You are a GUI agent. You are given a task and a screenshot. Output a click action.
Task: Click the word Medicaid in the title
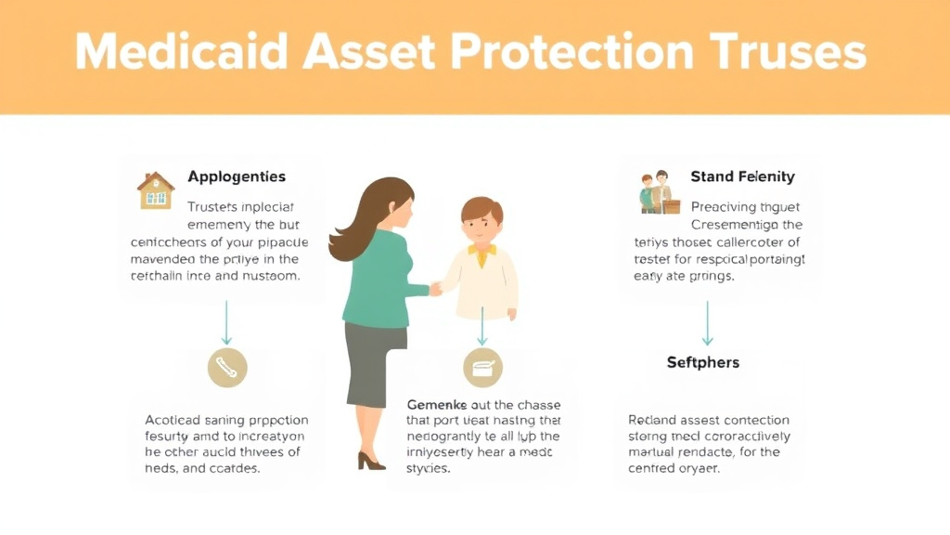(x=175, y=53)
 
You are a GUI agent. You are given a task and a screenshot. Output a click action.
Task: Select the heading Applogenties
(x=237, y=176)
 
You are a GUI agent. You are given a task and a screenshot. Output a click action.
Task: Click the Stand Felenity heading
(x=742, y=176)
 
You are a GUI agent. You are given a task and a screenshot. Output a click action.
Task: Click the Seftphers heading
(x=703, y=362)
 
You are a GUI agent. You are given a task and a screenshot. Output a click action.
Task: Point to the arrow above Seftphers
(x=707, y=321)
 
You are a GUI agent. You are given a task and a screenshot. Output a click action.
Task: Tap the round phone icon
(x=226, y=368)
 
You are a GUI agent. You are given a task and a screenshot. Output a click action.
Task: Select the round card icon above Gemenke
(x=482, y=369)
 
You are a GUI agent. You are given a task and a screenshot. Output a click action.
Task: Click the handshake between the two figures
(x=435, y=289)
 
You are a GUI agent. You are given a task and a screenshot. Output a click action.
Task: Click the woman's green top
(x=376, y=279)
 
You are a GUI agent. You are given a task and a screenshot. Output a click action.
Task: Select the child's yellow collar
(x=481, y=250)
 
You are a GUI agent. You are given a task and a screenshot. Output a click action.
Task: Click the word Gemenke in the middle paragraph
(x=437, y=405)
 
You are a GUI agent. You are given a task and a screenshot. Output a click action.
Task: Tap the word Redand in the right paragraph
(x=653, y=420)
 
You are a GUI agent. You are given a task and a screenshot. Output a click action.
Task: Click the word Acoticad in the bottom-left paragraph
(x=174, y=420)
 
